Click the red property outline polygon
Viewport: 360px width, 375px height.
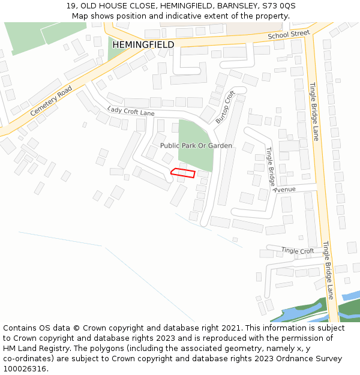(x=183, y=173)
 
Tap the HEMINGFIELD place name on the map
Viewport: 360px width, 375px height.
(x=143, y=45)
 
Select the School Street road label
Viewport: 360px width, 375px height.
(x=289, y=36)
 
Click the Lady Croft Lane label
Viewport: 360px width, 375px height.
(x=131, y=111)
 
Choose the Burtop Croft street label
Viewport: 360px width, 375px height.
(x=225, y=107)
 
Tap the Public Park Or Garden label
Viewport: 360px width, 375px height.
(x=196, y=146)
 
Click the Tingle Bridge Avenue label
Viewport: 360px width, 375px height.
(x=274, y=172)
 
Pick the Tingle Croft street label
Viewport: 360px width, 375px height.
(x=298, y=251)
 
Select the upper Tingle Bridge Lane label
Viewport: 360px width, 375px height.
(x=314, y=111)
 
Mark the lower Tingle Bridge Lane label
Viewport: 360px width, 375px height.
(x=328, y=271)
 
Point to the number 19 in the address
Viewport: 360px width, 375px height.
(x=70, y=6)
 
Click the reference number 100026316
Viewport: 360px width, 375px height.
(x=25, y=369)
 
